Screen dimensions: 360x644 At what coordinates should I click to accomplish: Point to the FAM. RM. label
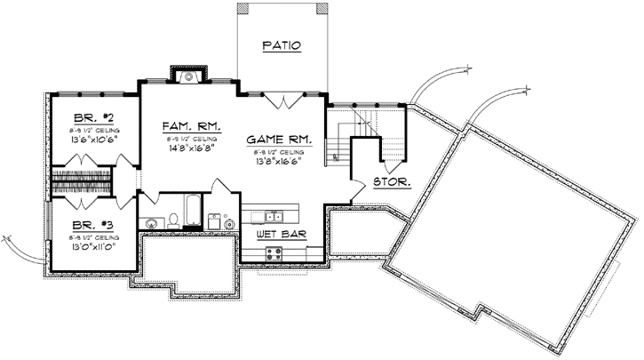pyautogui.click(x=186, y=126)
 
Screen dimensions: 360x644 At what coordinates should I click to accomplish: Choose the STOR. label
pyautogui.click(x=392, y=181)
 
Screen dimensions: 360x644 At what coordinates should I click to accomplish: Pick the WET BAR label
pyautogui.click(x=275, y=234)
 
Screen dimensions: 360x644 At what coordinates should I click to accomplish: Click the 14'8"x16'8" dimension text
pyautogui.click(x=186, y=149)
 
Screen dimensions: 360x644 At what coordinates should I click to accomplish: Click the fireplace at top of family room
pyautogui.click(x=188, y=76)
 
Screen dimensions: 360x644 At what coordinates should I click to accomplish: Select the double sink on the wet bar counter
pyautogui.click(x=274, y=216)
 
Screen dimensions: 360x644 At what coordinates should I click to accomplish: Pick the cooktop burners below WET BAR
pyautogui.click(x=274, y=252)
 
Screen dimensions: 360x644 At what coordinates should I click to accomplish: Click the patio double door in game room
pyautogui.click(x=283, y=101)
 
